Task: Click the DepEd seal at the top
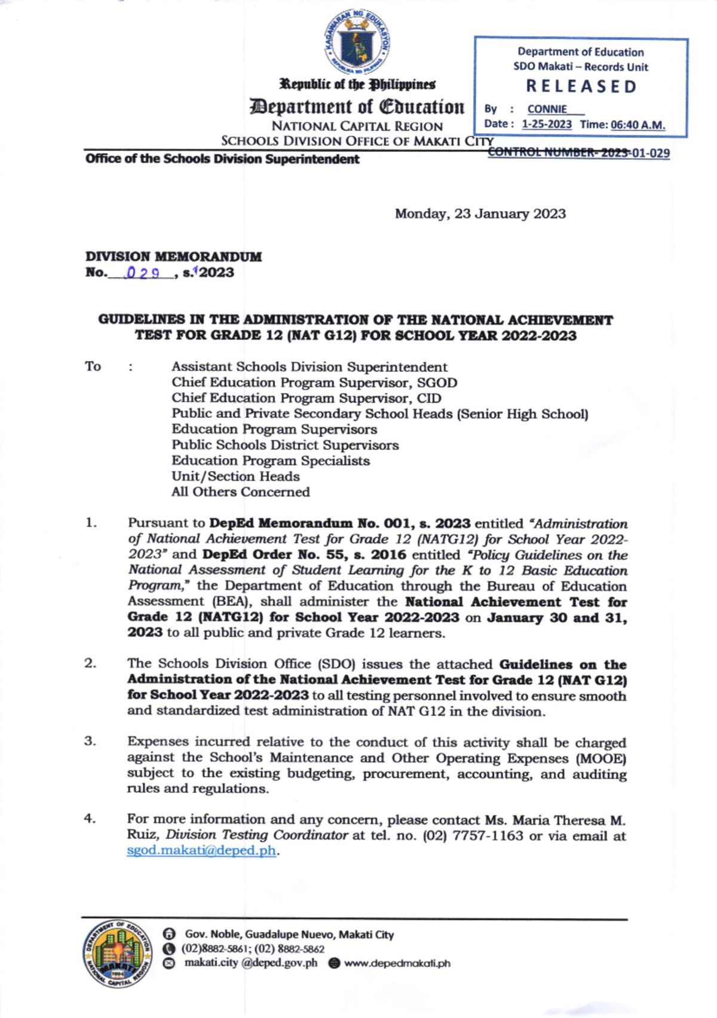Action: point(358,42)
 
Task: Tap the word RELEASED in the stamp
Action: point(581,87)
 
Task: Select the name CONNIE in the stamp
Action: point(547,109)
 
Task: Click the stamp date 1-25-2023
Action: point(546,124)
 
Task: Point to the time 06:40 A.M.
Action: point(638,125)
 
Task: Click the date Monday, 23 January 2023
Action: point(480,214)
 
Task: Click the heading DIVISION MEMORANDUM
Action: point(173,257)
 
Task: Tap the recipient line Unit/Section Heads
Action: point(235,476)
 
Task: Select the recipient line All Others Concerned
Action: point(240,492)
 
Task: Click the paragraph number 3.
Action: point(90,742)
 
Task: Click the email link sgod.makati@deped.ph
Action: point(201,850)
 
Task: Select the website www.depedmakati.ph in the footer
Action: point(397,963)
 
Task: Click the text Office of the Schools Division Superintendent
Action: point(222,159)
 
